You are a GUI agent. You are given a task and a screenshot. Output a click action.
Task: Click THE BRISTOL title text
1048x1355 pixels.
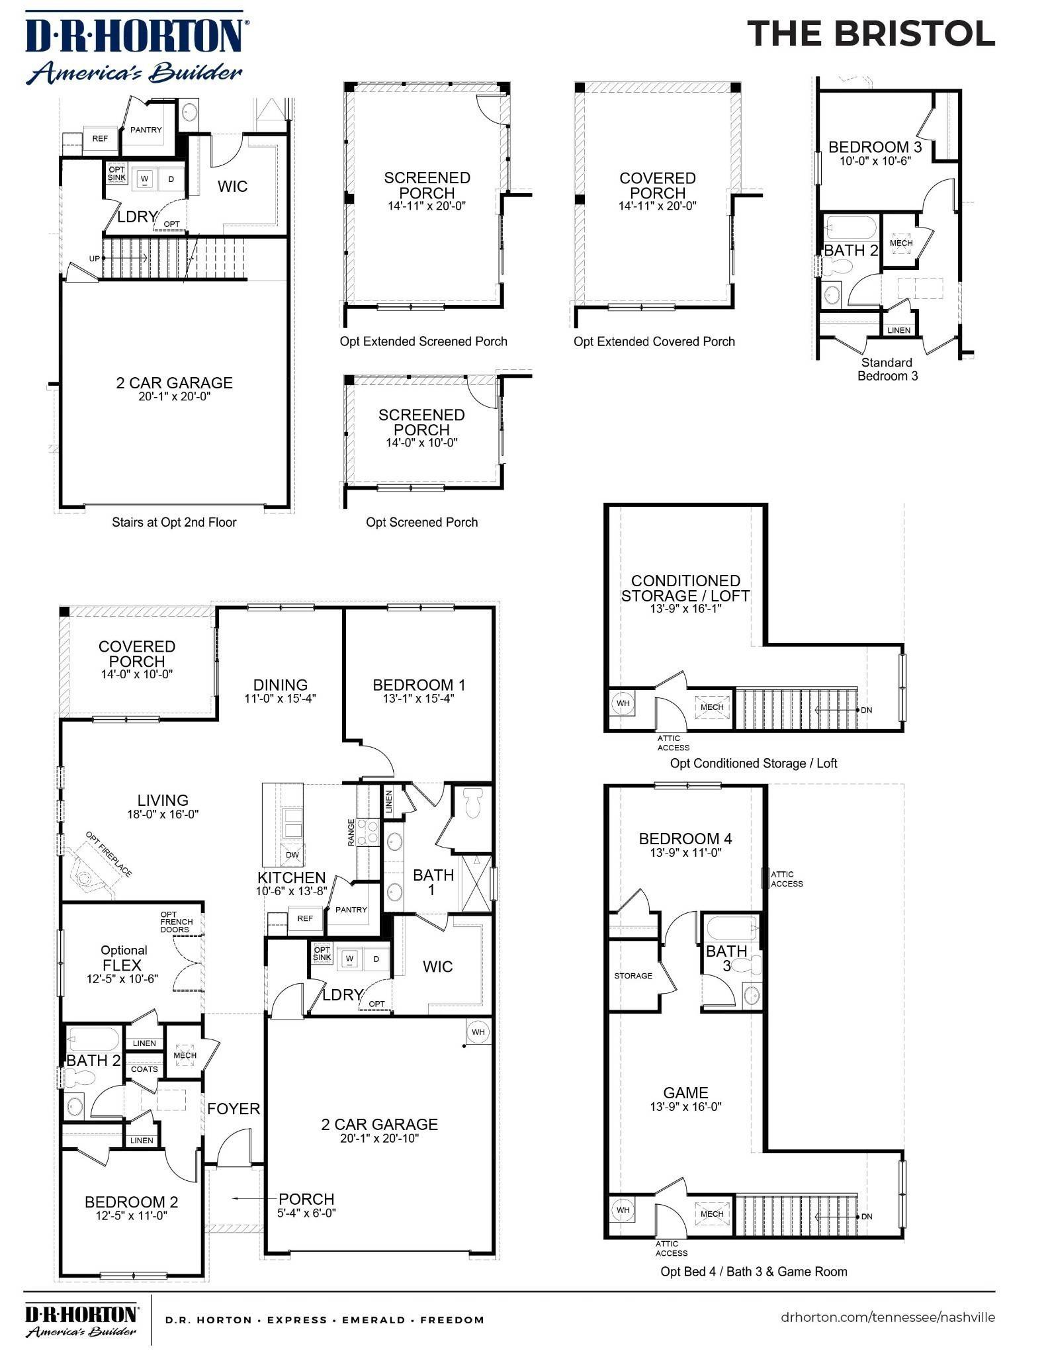pos(871,33)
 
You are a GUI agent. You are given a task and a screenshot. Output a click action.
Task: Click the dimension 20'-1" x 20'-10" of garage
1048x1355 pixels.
pos(380,1138)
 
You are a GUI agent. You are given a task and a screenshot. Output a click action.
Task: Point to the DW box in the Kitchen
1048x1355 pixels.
pos(292,855)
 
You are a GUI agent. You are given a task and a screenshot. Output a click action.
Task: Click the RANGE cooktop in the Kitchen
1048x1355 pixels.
pos(368,832)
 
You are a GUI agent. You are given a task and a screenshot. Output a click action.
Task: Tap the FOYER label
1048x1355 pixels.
pos(234,1108)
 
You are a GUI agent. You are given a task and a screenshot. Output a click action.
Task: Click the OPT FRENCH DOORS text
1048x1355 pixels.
pos(176,922)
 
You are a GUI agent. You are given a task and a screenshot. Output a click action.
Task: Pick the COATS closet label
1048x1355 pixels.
pos(144,1069)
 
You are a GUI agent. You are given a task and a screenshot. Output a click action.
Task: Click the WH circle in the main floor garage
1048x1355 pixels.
pos(478,1031)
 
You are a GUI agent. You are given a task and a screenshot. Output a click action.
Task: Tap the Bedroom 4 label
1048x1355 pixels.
pos(685,838)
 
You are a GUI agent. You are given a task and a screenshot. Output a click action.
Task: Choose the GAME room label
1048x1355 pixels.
pos(685,1093)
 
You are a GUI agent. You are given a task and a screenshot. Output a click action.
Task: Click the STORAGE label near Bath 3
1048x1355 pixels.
pos(633,975)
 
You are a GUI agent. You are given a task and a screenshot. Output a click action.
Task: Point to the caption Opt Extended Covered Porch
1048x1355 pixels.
pos(654,341)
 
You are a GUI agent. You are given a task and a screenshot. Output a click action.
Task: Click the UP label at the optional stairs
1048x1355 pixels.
pos(95,259)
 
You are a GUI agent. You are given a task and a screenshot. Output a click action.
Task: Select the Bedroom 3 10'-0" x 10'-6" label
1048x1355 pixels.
pos(875,153)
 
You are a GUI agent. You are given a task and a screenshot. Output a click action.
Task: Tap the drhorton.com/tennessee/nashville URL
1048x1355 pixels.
pos(887,1317)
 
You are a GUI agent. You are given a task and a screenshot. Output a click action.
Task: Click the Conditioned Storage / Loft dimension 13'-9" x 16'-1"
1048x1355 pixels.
pos(685,609)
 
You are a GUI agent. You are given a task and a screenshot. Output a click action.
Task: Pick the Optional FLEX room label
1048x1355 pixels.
pos(123,964)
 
